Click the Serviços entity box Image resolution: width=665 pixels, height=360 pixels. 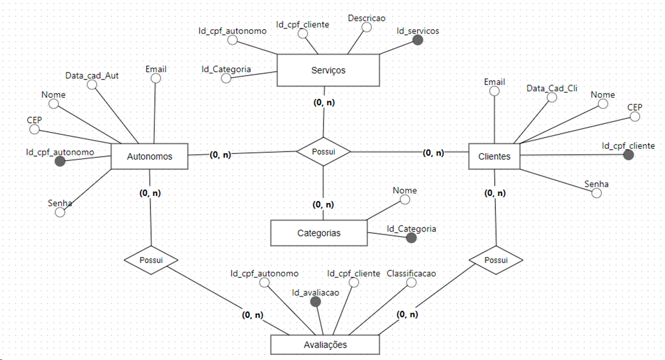click(328, 70)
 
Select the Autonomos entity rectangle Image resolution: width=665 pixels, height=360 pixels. click(149, 156)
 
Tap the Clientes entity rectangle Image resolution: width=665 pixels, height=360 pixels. click(494, 156)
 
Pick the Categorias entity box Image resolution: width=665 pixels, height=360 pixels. click(319, 233)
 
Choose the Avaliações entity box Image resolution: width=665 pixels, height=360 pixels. click(325, 345)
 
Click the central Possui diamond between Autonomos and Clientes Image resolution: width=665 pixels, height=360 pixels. click(323, 152)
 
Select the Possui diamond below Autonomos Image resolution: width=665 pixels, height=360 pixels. click(151, 260)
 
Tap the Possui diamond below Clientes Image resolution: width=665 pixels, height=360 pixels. click(496, 260)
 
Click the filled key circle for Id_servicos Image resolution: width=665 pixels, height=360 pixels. click(418, 40)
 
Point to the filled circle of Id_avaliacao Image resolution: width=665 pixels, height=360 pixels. click(316, 301)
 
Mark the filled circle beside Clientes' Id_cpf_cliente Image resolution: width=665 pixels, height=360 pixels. click(628, 155)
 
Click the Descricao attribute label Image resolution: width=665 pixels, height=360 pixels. click(367, 18)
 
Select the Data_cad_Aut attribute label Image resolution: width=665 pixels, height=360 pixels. click(92, 75)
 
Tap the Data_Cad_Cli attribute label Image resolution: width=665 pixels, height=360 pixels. click(552, 88)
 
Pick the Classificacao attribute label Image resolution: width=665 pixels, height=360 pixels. click(411, 273)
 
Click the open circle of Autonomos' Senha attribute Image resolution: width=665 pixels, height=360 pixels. click(60, 212)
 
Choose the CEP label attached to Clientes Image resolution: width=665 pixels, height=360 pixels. click(635, 107)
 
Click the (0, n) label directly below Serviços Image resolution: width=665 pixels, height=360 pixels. click(324, 103)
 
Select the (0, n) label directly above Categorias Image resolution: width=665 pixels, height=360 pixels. click(323, 205)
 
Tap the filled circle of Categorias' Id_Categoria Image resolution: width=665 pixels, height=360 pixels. click(411, 238)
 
